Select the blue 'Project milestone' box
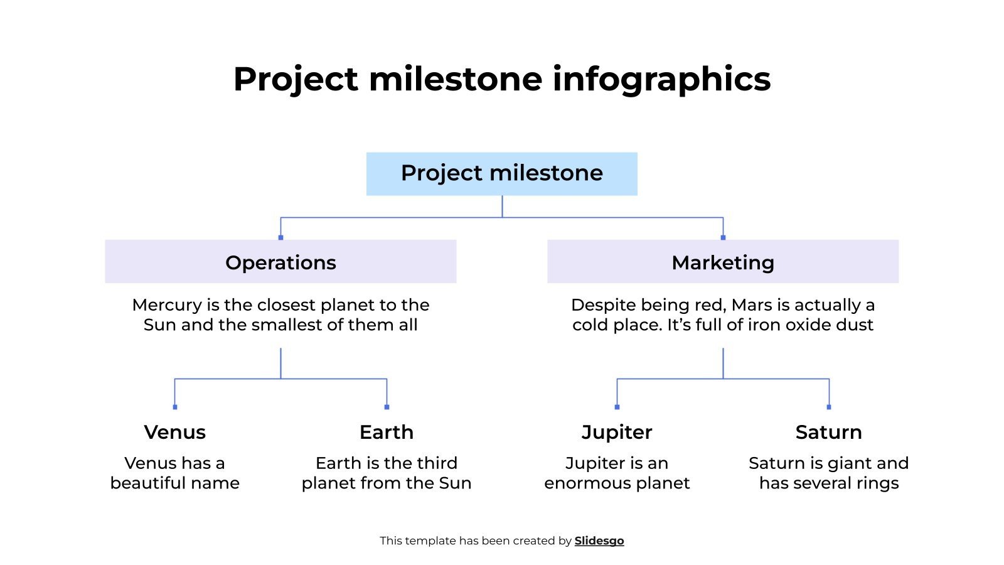(501, 173)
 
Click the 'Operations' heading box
(280, 262)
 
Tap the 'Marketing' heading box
(722, 262)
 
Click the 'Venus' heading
(174, 432)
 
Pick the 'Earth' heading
(386, 432)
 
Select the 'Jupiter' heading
(617, 432)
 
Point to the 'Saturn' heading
(828, 432)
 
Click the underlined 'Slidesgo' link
(599, 541)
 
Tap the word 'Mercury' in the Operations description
(167, 305)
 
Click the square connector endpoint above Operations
(280, 237)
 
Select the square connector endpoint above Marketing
(723, 237)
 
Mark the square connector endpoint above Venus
(174, 407)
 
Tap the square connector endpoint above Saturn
(829, 407)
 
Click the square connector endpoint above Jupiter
(617, 407)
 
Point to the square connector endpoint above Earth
(387, 407)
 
